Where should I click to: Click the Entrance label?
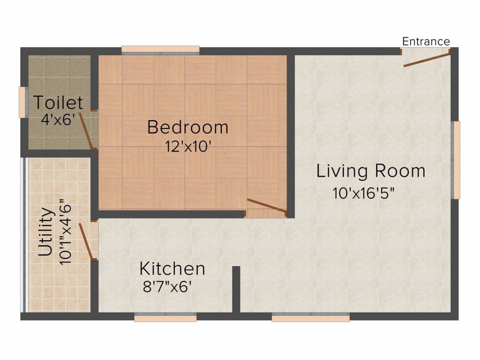[426, 41]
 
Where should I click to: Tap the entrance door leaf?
[427, 60]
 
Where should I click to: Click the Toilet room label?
[58, 103]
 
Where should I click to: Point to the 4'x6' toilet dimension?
[58, 119]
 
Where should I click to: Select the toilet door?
[86, 131]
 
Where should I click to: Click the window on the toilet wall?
[22, 102]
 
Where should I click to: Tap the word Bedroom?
[187, 127]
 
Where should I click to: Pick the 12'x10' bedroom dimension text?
[188, 146]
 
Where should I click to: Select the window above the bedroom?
[160, 49]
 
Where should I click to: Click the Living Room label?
[371, 171]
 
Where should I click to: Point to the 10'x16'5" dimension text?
[363, 193]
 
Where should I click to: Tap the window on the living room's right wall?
[456, 160]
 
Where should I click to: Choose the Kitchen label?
[172, 269]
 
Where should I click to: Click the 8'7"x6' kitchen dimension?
[167, 287]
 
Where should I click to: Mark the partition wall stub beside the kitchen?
[236, 289]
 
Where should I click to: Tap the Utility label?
[45, 232]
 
